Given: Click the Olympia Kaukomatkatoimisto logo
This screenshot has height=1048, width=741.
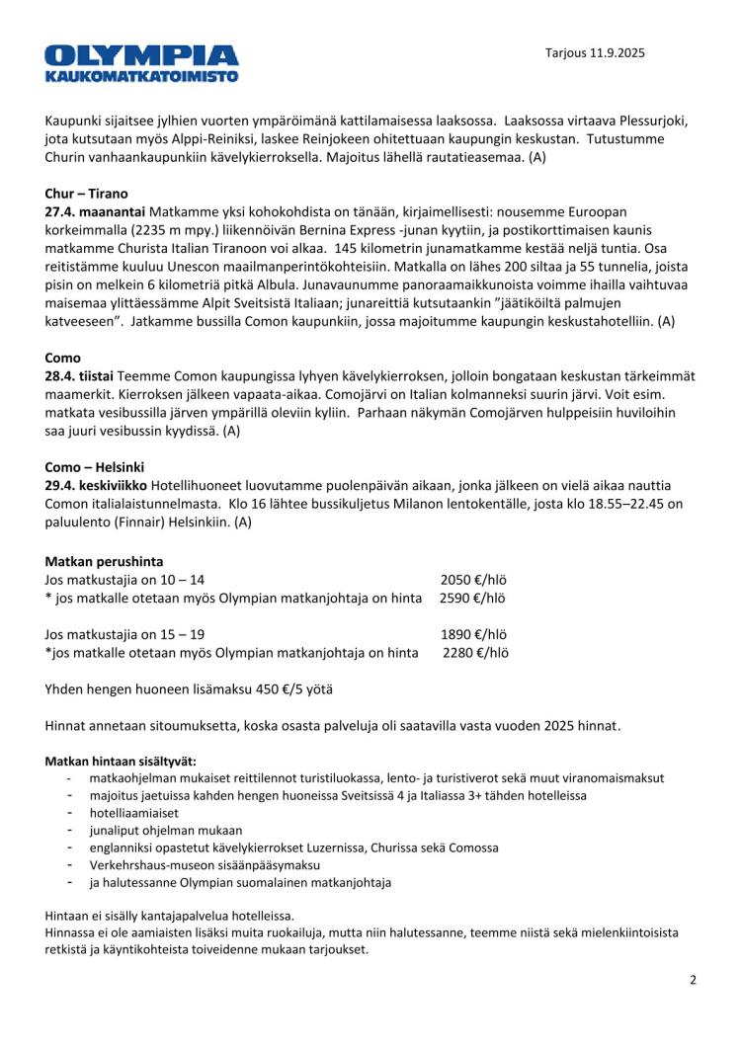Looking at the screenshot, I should [141, 62].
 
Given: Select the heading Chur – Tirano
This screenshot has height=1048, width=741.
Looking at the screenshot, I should [86, 194].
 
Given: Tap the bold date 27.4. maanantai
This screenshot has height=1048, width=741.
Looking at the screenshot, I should [94, 212].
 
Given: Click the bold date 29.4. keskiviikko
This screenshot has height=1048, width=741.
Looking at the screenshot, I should [97, 485].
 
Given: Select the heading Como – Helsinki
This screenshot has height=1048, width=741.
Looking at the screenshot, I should [95, 466].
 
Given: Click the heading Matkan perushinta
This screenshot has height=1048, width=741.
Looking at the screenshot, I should [104, 561].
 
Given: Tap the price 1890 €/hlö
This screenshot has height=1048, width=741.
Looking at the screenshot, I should [474, 634].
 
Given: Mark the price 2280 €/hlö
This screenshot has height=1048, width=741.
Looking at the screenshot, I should [475, 652].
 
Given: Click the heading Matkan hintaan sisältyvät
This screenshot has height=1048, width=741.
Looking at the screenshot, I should [121, 761].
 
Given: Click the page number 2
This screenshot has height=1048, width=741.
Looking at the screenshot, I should [693, 980].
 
